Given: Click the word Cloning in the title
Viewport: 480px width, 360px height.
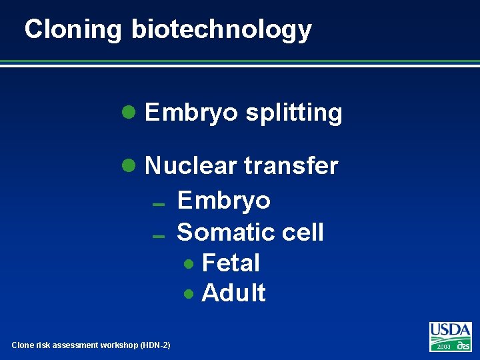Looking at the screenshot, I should click(x=73, y=30).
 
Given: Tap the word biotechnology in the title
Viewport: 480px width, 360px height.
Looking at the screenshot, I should click(x=221, y=30).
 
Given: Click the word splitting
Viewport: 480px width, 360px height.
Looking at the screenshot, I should click(x=293, y=113).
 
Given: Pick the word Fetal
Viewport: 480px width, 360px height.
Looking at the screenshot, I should click(x=231, y=263).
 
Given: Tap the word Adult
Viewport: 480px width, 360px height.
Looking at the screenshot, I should click(x=233, y=293).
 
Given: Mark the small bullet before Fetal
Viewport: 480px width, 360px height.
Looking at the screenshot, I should click(x=190, y=264).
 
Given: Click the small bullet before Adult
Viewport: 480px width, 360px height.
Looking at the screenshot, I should click(x=190, y=293).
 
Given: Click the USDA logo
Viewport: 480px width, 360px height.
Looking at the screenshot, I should click(x=450, y=331).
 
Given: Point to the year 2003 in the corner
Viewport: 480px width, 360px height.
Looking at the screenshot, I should click(x=443, y=347).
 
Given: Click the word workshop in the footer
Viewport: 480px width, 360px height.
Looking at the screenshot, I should click(x=117, y=345).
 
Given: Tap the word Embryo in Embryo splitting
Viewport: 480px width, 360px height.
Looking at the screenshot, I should click(x=191, y=113).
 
